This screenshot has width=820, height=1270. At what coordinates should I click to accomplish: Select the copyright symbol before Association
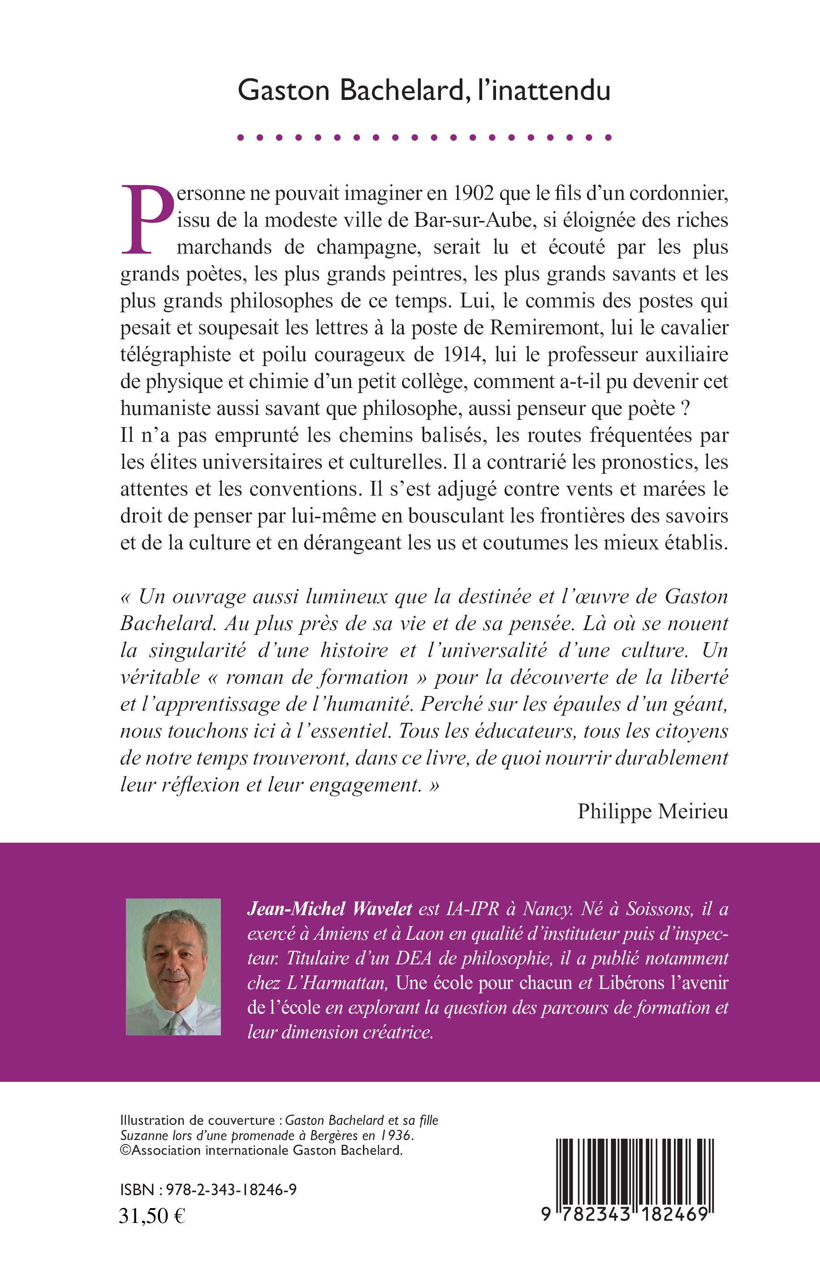click(x=125, y=1149)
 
